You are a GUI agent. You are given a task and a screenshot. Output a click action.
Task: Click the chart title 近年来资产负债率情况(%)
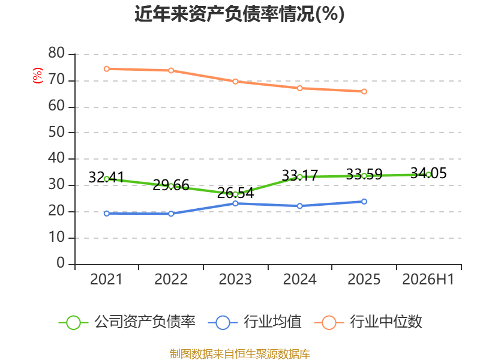(239, 14)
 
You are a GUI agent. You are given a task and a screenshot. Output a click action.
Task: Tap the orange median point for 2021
(107, 69)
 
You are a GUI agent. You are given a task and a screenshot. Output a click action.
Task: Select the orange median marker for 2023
(235, 82)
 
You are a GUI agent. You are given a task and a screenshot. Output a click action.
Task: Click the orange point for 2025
(364, 92)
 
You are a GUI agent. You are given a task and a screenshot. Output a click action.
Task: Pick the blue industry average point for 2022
(171, 214)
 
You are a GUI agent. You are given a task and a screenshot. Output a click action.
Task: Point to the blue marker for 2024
(299, 206)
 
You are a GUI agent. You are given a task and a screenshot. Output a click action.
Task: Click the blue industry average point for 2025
(364, 202)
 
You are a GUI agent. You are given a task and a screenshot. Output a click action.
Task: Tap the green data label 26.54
(235, 193)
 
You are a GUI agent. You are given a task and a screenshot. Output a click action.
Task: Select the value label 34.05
(428, 173)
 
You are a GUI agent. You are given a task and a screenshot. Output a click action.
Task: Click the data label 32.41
(107, 177)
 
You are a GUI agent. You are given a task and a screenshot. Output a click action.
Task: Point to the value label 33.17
(299, 176)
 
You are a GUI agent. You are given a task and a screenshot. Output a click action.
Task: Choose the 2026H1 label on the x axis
(428, 279)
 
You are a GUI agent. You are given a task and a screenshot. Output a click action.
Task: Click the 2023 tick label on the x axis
(235, 279)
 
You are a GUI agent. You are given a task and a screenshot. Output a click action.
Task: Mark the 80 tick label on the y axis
(56, 53)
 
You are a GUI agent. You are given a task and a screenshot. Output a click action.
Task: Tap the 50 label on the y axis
(56, 132)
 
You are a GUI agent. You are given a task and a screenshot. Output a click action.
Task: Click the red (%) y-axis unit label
(38, 76)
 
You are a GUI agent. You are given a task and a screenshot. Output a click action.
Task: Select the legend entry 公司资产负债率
(127, 322)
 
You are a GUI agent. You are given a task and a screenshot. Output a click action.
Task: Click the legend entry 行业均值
(254, 322)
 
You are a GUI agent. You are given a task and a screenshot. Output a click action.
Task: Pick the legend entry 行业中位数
(368, 322)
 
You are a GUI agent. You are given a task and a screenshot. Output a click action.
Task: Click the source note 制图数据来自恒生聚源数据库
(240, 354)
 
